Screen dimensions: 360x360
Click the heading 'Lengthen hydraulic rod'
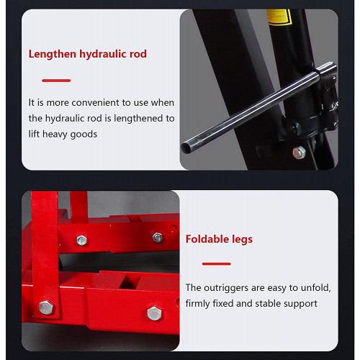click(88, 54)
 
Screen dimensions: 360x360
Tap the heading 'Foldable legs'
click(219, 239)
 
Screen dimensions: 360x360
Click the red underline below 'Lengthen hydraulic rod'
click(56, 81)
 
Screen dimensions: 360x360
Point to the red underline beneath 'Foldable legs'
click(217, 264)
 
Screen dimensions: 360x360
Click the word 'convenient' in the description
click(95, 103)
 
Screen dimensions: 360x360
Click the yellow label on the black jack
click(279, 17)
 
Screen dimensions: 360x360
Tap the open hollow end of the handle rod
click(186, 148)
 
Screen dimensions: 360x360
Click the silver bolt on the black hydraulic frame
click(299, 152)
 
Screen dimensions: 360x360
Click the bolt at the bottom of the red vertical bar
click(46, 307)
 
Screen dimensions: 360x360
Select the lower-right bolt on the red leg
click(154, 313)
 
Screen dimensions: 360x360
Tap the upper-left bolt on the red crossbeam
click(81, 240)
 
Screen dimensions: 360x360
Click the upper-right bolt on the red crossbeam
click(158, 238)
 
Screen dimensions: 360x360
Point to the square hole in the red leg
click(128, 282)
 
